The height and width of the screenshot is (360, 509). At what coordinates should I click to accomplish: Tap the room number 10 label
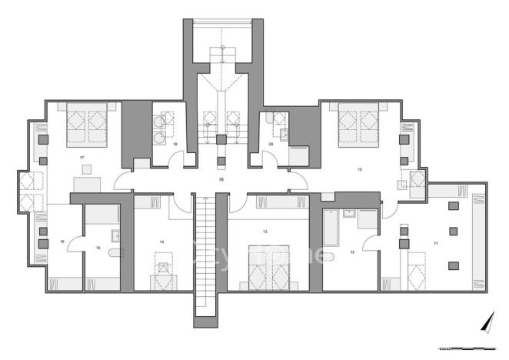point(358,168)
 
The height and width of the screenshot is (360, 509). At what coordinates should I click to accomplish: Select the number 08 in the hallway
point(221,178)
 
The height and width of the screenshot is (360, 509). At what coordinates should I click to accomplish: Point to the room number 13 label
point(265,231)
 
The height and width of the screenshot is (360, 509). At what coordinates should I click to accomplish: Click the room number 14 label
point(162,242)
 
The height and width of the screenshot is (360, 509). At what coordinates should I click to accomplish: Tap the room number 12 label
point(352,252)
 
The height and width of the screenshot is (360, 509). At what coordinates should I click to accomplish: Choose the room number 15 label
point(98,248)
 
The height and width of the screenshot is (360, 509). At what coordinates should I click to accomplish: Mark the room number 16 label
point(62,242)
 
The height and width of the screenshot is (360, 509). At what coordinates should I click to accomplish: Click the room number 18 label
point(176,144)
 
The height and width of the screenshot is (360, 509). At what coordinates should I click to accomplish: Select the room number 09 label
point(271,144)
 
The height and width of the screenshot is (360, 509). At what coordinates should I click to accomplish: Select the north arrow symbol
point(486,322)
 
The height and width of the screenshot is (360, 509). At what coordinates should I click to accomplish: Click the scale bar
point(471,348)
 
